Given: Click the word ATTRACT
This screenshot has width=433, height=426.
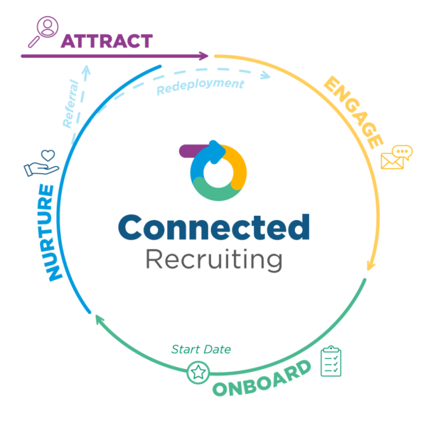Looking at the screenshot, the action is tap(107, 41).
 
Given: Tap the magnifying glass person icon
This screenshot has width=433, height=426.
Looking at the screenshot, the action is tap(43, 31).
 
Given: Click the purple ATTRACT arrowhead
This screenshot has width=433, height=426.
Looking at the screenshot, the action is tap(204, 56).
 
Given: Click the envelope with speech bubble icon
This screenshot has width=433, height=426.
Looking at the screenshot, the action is tap(397, 157).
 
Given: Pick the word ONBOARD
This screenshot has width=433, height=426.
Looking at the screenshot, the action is tap(262, 378).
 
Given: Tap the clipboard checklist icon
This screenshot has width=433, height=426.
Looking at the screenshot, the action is tap(331, 361).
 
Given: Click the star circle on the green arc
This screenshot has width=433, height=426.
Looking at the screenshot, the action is tap(198, 372).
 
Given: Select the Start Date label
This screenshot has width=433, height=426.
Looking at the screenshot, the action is tap(201, 349).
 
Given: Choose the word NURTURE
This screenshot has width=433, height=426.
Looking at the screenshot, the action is tap(50, 233).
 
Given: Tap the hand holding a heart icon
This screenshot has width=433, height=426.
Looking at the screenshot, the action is tap(41, 163).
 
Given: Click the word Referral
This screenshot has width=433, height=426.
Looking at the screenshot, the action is tap(70, 104).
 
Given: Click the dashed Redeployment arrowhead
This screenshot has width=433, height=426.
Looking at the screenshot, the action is tap(266, 75).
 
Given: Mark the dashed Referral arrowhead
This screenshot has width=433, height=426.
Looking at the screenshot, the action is tap(87, 69).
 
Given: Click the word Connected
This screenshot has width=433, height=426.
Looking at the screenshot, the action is tap(214, 227).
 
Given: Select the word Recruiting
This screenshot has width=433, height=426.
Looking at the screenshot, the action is tap(214, 259).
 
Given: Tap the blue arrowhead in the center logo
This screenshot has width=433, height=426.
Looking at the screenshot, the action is tap(218, 151).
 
